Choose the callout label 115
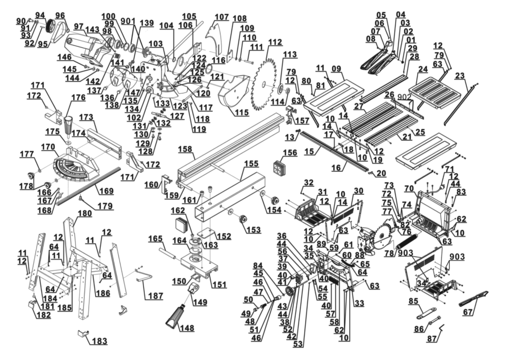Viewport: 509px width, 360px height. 241,113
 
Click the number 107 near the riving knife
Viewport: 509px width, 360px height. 222,17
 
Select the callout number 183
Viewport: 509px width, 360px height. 99,341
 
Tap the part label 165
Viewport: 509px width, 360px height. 155,239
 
